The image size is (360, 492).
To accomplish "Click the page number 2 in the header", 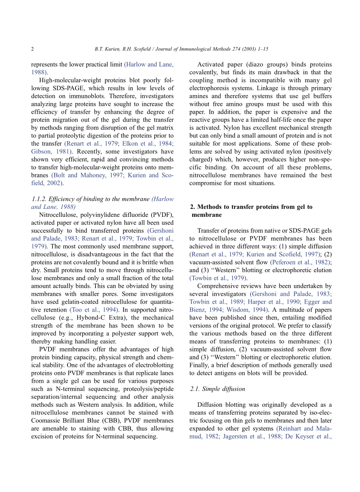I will coord(33,49).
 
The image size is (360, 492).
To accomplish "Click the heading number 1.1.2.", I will coord(39,199).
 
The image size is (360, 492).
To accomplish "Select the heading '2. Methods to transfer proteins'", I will coord(251,207).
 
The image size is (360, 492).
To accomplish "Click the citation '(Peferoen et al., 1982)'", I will coord(301,262).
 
